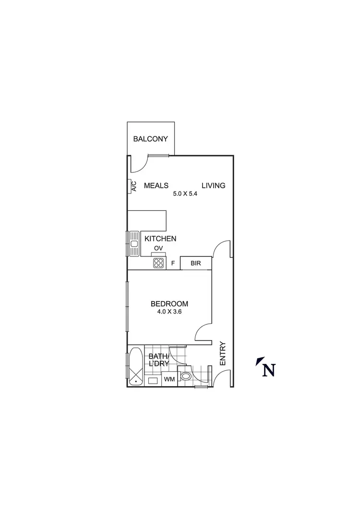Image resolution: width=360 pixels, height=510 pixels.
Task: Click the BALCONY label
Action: pos(151,139)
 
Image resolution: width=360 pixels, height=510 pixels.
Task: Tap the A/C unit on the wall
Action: pos(133,186)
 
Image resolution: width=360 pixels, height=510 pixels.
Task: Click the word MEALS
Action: pos(156,185)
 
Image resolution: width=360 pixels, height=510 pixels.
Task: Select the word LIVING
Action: pos(213,185)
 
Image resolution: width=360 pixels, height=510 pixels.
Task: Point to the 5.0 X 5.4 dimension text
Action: pos(186,195)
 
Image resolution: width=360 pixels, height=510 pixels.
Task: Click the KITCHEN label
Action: pos(160,239)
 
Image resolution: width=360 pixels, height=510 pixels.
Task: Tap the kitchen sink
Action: pos(134,243)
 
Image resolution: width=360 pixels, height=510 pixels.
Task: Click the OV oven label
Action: pos(158,248)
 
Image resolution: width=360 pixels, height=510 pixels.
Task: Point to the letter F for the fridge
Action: pos(173,263)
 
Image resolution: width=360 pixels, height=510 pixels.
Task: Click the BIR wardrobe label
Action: pos(195,263)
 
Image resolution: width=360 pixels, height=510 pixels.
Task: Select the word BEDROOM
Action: pos(169,304)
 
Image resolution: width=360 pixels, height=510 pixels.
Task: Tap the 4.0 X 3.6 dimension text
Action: pos(169,312)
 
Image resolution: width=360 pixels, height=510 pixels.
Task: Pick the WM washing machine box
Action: pos(169,379)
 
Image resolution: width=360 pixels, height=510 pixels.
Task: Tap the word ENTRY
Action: pos(222,353)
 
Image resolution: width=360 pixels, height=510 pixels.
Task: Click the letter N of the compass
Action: pos(269,370)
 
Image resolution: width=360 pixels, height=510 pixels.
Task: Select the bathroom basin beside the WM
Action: pos(153,380)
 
